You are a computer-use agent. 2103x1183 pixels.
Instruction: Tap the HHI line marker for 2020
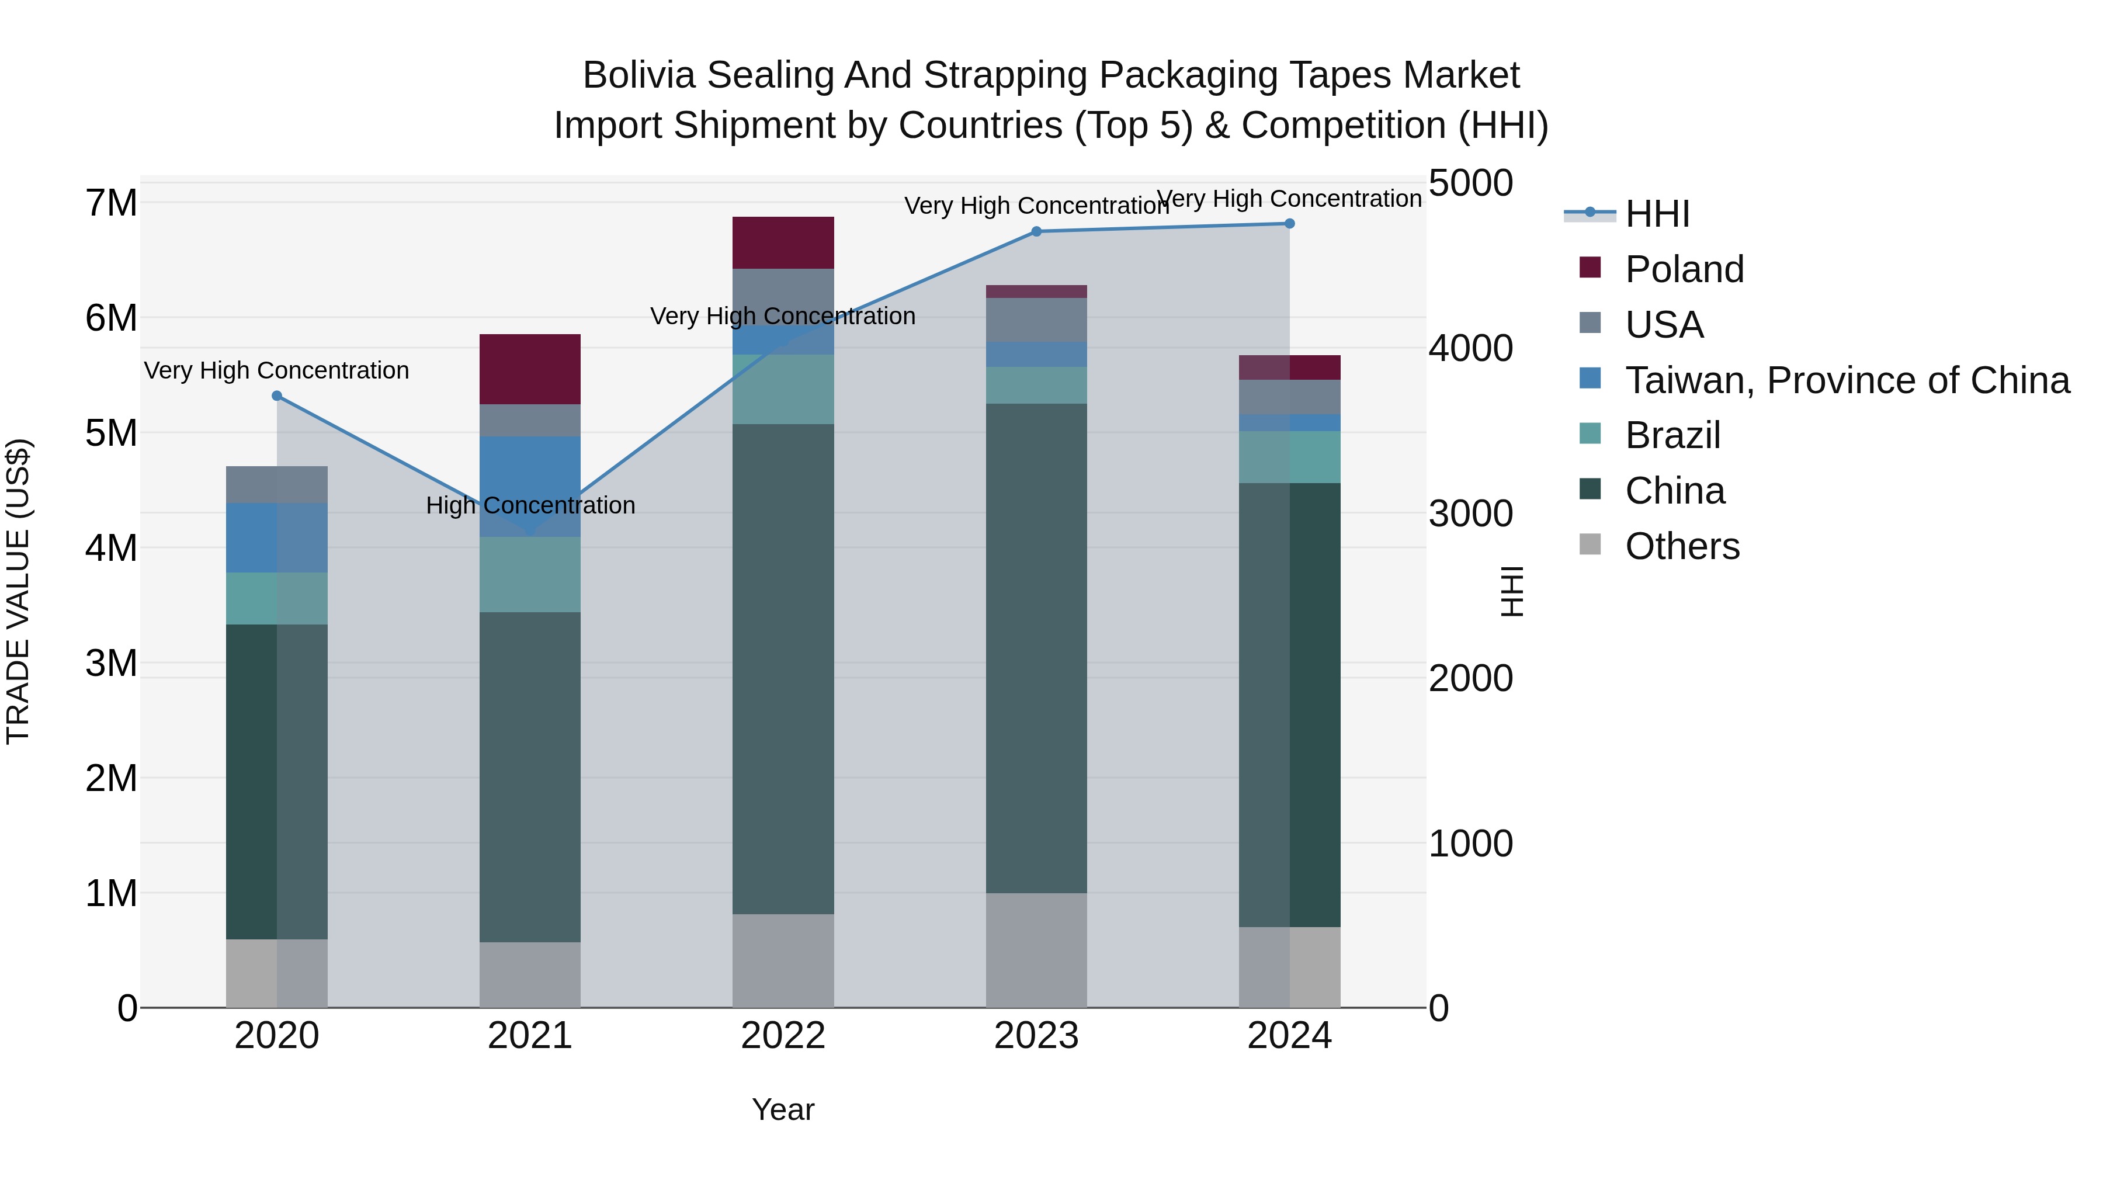pyautogui.click(x=277, y=396)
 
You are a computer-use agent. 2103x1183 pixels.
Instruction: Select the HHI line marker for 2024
pyautogui.click(x=1289, y=224)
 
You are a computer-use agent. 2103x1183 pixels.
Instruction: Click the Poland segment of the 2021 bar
pyautogui.click(x=530, y=369)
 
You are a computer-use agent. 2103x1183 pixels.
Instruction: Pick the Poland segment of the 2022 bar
pyautogui.click(x=783, y=242)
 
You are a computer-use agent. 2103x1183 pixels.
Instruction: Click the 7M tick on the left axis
pyautogui.click(x=112, y=203)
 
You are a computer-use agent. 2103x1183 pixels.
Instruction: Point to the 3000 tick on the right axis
pyautogui.click(x=1470, y=514)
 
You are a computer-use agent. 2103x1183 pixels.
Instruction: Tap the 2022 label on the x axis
pyautogui.click(x=783, y=1036)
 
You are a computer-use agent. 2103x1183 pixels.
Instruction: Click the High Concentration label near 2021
pyautogui.click(x=530, y=505)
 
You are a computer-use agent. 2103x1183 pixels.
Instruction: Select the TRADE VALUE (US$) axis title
pyautogui.click(x=18, y=591)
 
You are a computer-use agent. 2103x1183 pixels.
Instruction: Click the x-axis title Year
pyautogui.click(x=783, y=1109)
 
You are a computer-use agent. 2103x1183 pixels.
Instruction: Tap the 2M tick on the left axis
pyautogui.click(x=112, y=778)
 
